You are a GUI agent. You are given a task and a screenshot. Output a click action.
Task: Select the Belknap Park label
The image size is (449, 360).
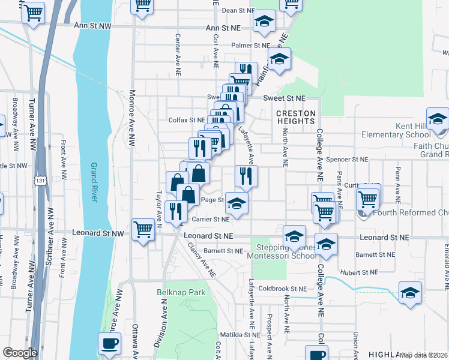pyautogui.click(x=187, y=293)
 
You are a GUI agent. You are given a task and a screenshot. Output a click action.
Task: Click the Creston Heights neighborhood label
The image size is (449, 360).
pyautogui.click(x=295, y=117)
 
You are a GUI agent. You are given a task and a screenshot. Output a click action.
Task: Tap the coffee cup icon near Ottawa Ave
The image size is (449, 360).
pyautogui.click(x=109, y=343)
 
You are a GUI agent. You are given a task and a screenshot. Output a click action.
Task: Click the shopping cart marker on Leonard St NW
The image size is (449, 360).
pyautogui.click(x=143, y=229)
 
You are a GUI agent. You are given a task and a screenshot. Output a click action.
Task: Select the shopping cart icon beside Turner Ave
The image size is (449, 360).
pyautogui.click(x=34, y=12)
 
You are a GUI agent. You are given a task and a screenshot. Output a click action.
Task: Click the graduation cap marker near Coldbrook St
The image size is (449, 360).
pyautogui.click(x=410, y=293)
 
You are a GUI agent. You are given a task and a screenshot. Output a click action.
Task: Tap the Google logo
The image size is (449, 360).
pyautogui.click(x=19, y=353)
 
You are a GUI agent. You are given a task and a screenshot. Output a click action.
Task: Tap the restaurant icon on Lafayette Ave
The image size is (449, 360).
pyautogui.click(x=246, y=175)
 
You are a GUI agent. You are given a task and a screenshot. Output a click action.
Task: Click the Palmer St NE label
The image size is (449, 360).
pyautogui.click(x=252, y=45)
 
